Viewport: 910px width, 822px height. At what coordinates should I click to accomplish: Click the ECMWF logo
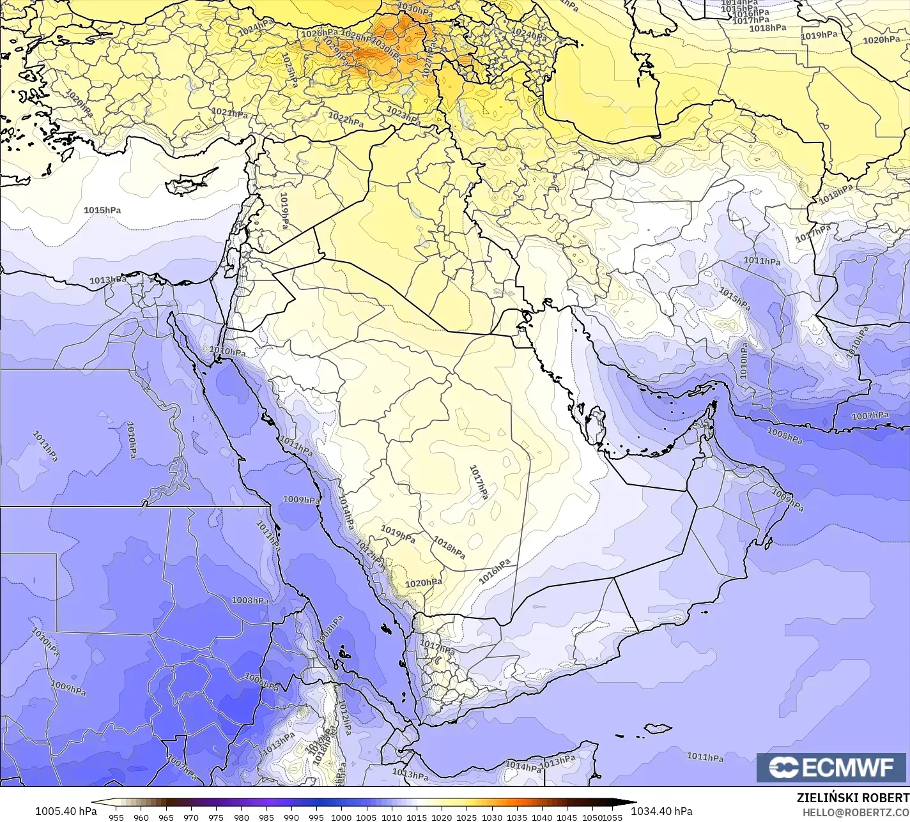[x=833, y=768]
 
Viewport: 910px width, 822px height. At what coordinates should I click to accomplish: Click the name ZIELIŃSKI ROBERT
[x=852, y=798]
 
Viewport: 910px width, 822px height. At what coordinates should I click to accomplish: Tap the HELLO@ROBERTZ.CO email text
[x=856, y=811]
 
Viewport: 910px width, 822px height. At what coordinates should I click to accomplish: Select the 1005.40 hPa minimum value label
[x=66, y=811]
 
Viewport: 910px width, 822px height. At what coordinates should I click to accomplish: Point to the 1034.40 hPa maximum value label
[x=661, y=811]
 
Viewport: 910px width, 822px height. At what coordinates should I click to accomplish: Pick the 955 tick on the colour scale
[x=116, y=817]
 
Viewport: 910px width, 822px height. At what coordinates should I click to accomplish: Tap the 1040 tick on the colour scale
[x=542, y=817]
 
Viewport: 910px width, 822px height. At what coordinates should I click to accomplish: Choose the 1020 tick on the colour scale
[x=442, y=817]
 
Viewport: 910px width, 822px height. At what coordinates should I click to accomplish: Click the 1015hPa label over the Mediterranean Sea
[x=102, y=209]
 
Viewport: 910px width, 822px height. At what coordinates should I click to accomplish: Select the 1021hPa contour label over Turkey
[x=229, y=113]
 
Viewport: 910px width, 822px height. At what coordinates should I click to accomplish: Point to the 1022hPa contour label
[x=346, y=119]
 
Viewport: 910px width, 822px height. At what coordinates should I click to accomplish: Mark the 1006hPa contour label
[x=261, y=683]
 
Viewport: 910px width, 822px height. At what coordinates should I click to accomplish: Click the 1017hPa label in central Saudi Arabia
[x=478, y=482]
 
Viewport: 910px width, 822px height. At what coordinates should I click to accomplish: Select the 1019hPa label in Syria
[x=284, y=211]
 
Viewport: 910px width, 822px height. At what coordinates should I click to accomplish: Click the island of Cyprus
[x=187, y=183]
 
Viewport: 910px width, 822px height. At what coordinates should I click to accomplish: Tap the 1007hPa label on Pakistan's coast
[x=870, y=416]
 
